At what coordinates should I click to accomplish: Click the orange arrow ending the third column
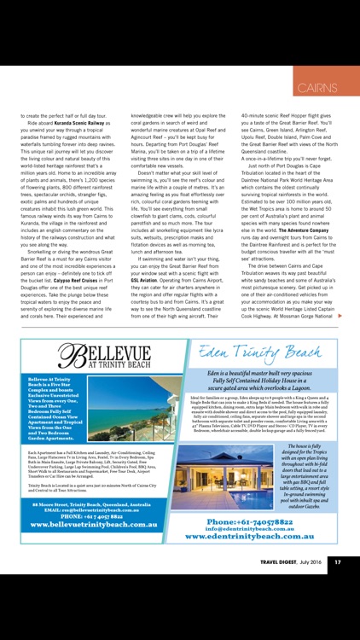[x=340, y=317]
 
